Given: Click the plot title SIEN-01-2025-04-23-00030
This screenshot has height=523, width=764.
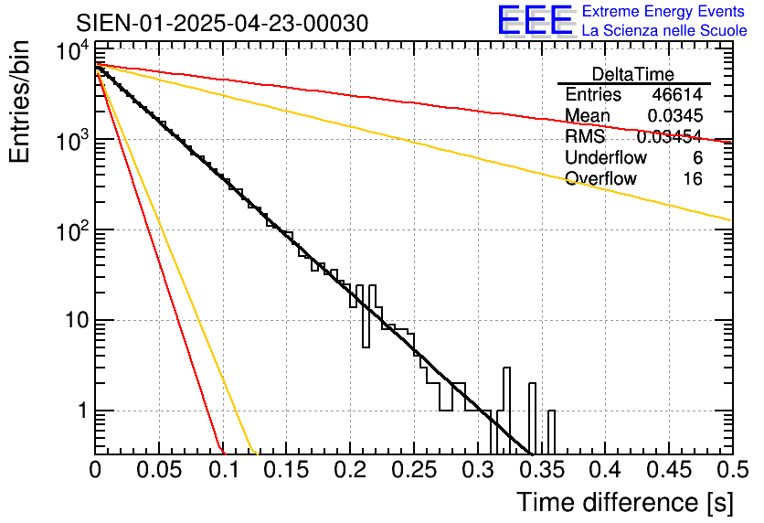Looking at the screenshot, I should point(222,23).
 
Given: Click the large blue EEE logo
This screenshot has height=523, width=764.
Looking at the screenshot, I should point(535,21).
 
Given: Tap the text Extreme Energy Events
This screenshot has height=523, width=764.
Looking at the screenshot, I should point(664,12).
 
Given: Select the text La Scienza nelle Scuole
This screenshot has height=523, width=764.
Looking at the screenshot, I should point(664,30).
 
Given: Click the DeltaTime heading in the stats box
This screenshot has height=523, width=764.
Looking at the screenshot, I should point(633,74).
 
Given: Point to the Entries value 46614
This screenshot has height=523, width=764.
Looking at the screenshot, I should point(676,95).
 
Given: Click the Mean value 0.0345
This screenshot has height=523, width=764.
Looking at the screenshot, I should point(674,116).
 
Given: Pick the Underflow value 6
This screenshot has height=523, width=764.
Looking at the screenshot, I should point(697,158).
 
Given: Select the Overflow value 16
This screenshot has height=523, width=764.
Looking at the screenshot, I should point(693,179).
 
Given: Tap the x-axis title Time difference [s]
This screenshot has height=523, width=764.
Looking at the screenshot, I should point(623,502).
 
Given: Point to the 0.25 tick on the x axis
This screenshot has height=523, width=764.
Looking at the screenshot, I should point(413,469).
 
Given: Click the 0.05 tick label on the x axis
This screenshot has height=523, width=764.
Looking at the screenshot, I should point(159,469).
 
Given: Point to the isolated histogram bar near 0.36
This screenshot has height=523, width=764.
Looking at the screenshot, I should point(551,432).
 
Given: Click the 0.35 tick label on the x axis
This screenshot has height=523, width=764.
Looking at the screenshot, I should point(540,469).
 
